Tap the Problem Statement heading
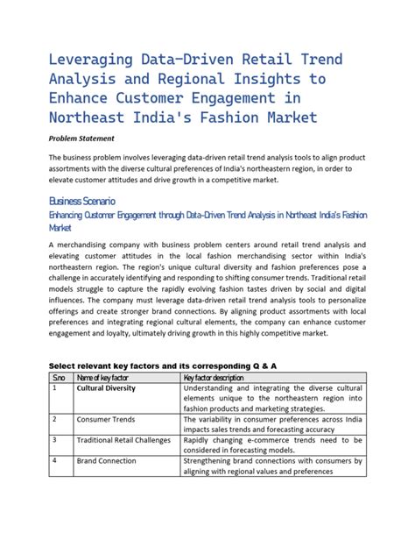coord(86,138)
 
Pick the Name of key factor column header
coord(109,378)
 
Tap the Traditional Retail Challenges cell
coord(123,440)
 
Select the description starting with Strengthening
coord(273,465)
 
